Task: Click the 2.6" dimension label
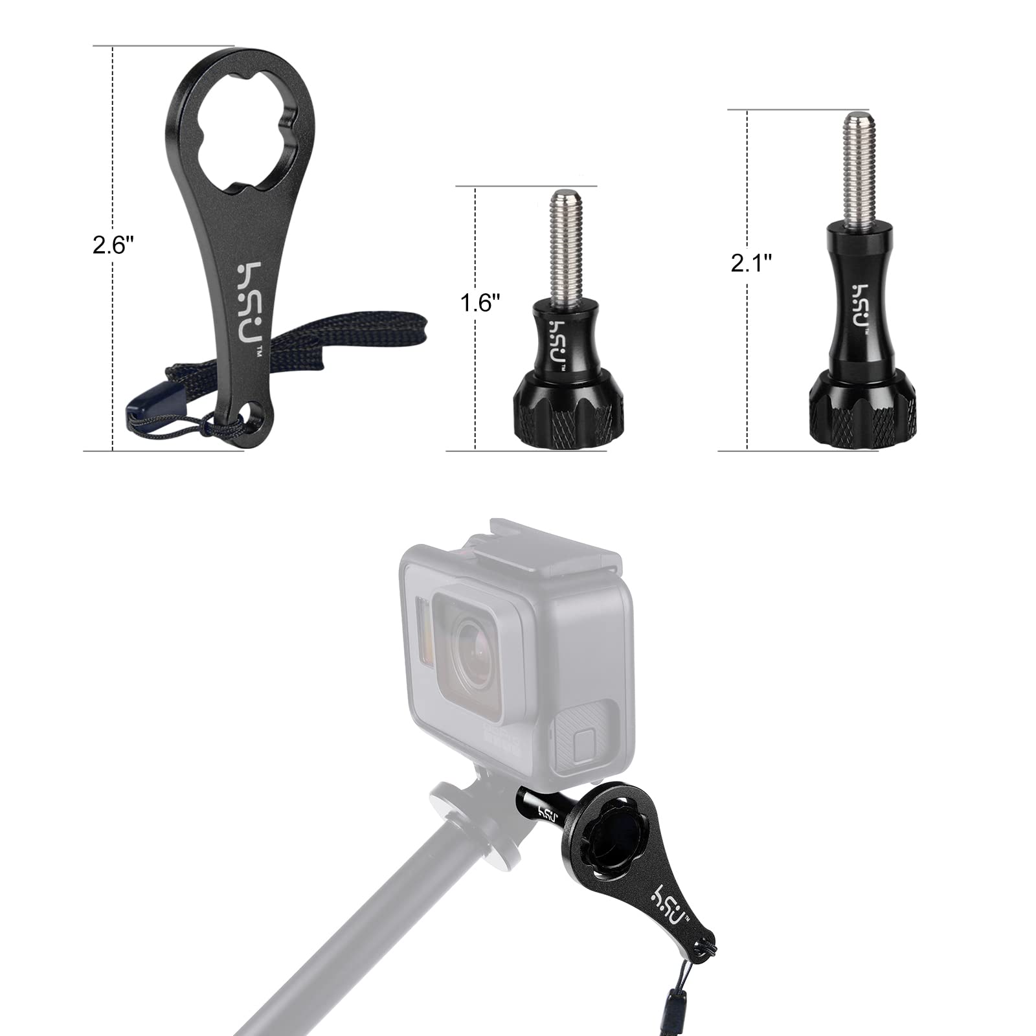pyautogui.click(x=113, y=245)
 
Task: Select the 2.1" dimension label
pyautogui.click(x=752, y=262)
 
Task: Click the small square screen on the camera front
pyautogui.click(x=586, y=740)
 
